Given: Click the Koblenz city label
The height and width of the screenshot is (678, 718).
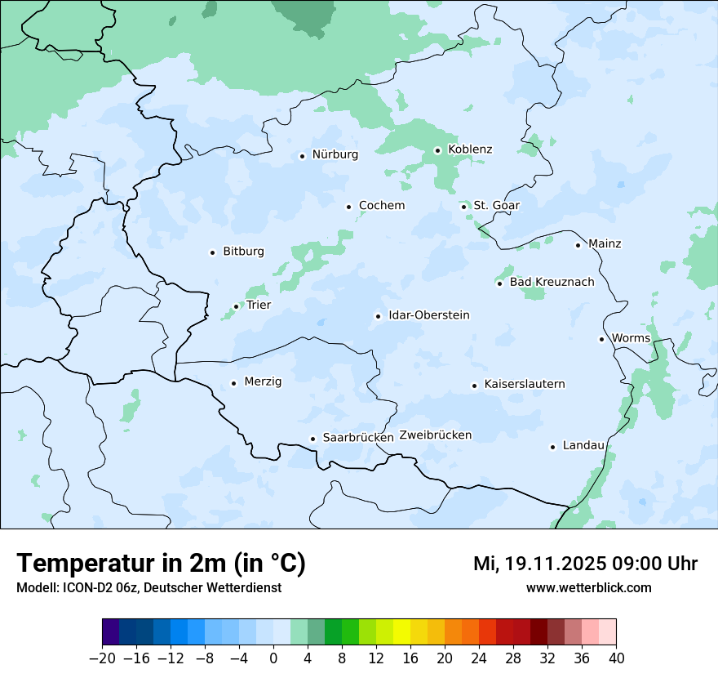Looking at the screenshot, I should pos(470,149).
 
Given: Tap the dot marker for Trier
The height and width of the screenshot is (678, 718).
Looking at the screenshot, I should pos(237,306).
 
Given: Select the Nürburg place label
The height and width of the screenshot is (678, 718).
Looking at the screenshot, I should pos(335,154).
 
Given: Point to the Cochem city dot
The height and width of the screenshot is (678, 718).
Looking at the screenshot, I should pos(348,207).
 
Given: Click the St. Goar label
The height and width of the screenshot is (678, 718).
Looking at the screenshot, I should pos(496,205).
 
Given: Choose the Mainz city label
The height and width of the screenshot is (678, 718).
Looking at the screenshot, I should pos(605,243).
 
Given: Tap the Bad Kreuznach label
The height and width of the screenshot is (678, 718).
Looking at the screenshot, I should pos(552,282).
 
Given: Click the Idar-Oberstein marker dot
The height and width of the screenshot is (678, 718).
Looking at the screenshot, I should pos(378,316).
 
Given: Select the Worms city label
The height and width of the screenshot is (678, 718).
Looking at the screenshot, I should pos(631,338).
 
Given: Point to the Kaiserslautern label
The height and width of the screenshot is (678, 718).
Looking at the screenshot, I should pos(524,384).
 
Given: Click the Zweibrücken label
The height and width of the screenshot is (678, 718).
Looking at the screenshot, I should pos(435,435).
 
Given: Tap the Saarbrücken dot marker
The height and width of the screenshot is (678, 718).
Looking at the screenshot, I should pos(312,439).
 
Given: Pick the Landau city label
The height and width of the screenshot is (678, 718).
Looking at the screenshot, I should pos(583,445).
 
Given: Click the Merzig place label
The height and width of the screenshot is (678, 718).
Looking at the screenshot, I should pos(263,381).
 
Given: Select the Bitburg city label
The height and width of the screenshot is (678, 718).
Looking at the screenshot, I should pos(243,252).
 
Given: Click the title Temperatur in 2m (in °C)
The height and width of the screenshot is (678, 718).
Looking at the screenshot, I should pos(161,563).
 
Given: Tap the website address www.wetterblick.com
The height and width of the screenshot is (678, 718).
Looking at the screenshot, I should pos(588,587).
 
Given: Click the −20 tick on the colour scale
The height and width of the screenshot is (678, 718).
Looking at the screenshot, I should pos(102,658).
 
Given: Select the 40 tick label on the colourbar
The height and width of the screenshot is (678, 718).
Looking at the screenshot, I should pos(616,658).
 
